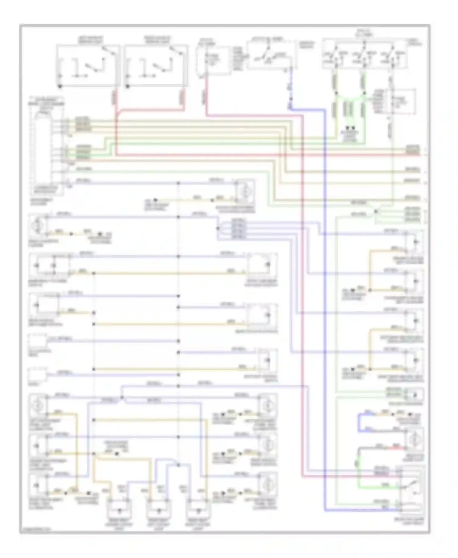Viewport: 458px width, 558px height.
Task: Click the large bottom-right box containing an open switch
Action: (x=411, y=488)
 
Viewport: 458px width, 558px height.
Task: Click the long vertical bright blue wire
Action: (x=325, y=305)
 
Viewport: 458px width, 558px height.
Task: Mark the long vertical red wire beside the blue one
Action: (x=302, y=305)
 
